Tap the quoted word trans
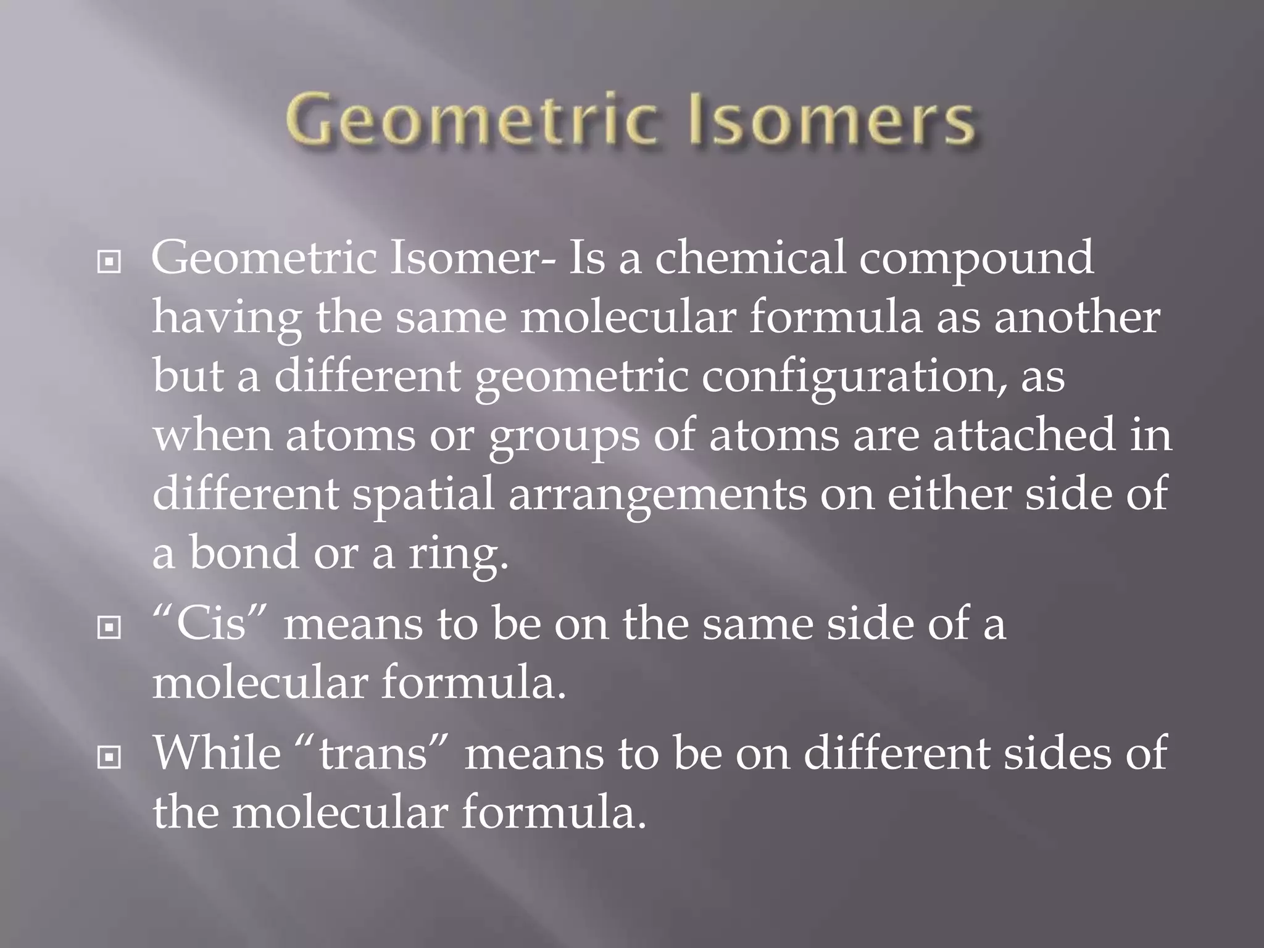374,754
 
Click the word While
217,752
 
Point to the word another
1076,317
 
